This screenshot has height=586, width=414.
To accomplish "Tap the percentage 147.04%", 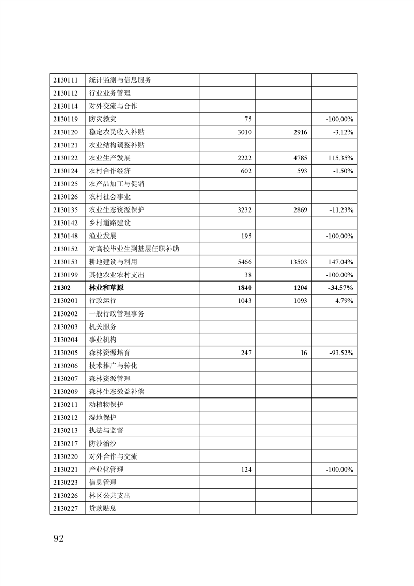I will point(340,262).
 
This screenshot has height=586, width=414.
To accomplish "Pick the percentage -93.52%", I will point(341,353).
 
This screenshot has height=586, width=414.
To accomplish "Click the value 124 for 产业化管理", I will point(246,470).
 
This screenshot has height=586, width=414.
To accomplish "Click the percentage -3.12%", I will point(343,132).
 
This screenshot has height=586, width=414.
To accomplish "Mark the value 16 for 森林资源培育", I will point(304,353).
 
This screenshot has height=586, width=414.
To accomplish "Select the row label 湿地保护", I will point(102,418).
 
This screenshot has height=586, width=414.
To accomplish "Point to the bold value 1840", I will point(244,288).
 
